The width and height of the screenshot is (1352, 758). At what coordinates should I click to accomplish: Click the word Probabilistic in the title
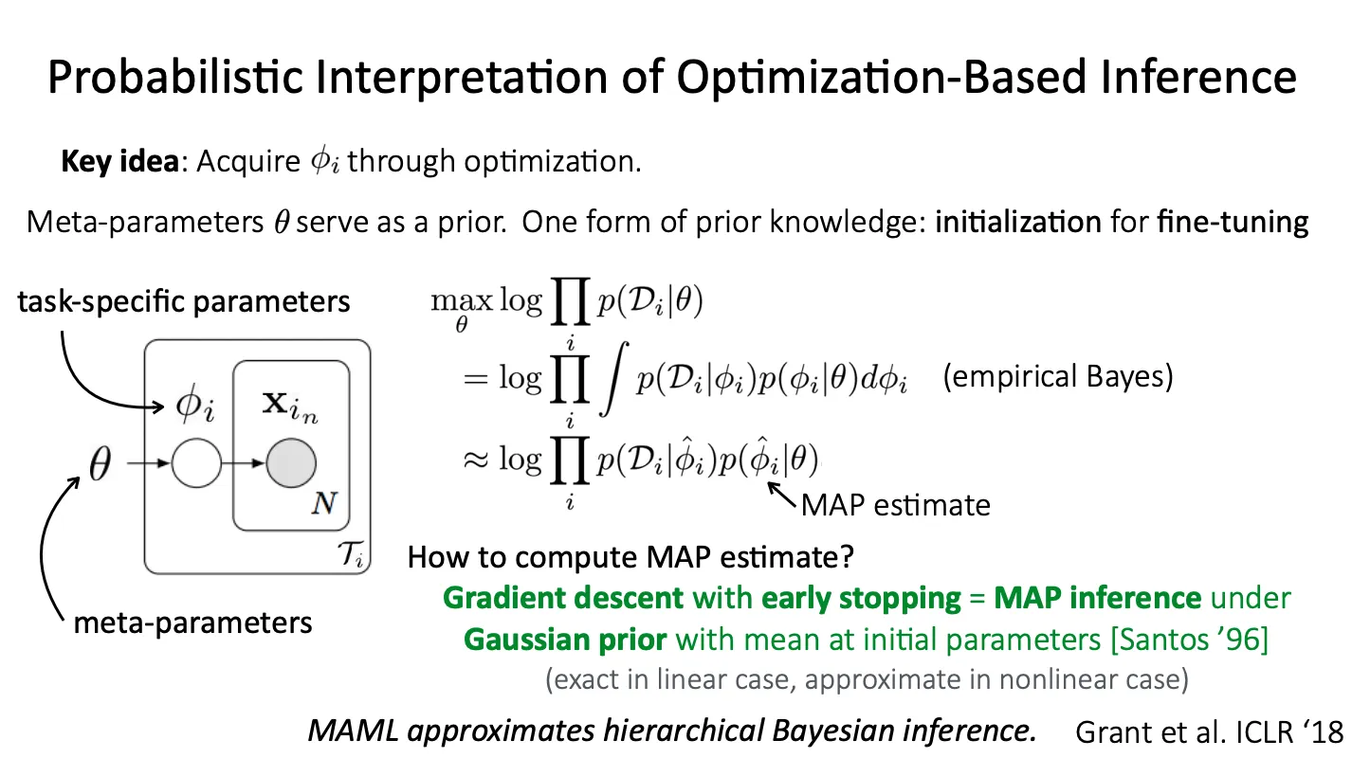click(175, 78)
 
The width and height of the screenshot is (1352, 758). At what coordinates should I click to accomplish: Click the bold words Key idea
click(119, 161)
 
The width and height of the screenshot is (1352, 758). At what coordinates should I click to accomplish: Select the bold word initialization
click(1018, 222)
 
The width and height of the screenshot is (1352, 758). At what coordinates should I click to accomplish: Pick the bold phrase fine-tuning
click(1233, 223)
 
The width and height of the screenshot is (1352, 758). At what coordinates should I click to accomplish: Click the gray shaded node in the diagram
click(291, 462)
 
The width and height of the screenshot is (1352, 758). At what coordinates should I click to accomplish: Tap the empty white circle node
click(197, 462)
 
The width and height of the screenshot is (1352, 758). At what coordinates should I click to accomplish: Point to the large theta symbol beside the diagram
click(100, 463)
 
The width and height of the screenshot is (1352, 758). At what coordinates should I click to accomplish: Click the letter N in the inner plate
click(324, 503)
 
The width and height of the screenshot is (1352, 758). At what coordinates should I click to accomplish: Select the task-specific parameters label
click(184, 301)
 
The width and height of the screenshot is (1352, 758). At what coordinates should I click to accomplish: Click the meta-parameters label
click(192, 623)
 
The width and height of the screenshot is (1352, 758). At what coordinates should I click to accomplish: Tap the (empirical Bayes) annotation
click(1058, 376)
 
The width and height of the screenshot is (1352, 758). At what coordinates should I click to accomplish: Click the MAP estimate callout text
click(896, 505)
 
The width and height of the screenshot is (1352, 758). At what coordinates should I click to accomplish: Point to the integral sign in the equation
click(613, 379)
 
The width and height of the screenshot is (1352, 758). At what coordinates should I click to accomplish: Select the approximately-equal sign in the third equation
click(476, 460)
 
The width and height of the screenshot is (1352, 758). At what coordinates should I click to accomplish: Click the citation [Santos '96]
click(1189, 640)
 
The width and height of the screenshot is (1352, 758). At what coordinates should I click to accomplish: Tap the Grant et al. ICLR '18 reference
click(1210, 732)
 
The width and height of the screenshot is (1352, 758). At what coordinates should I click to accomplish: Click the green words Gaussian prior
click(565, 640)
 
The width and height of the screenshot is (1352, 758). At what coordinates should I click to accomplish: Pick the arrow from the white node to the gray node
click(244, 463)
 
